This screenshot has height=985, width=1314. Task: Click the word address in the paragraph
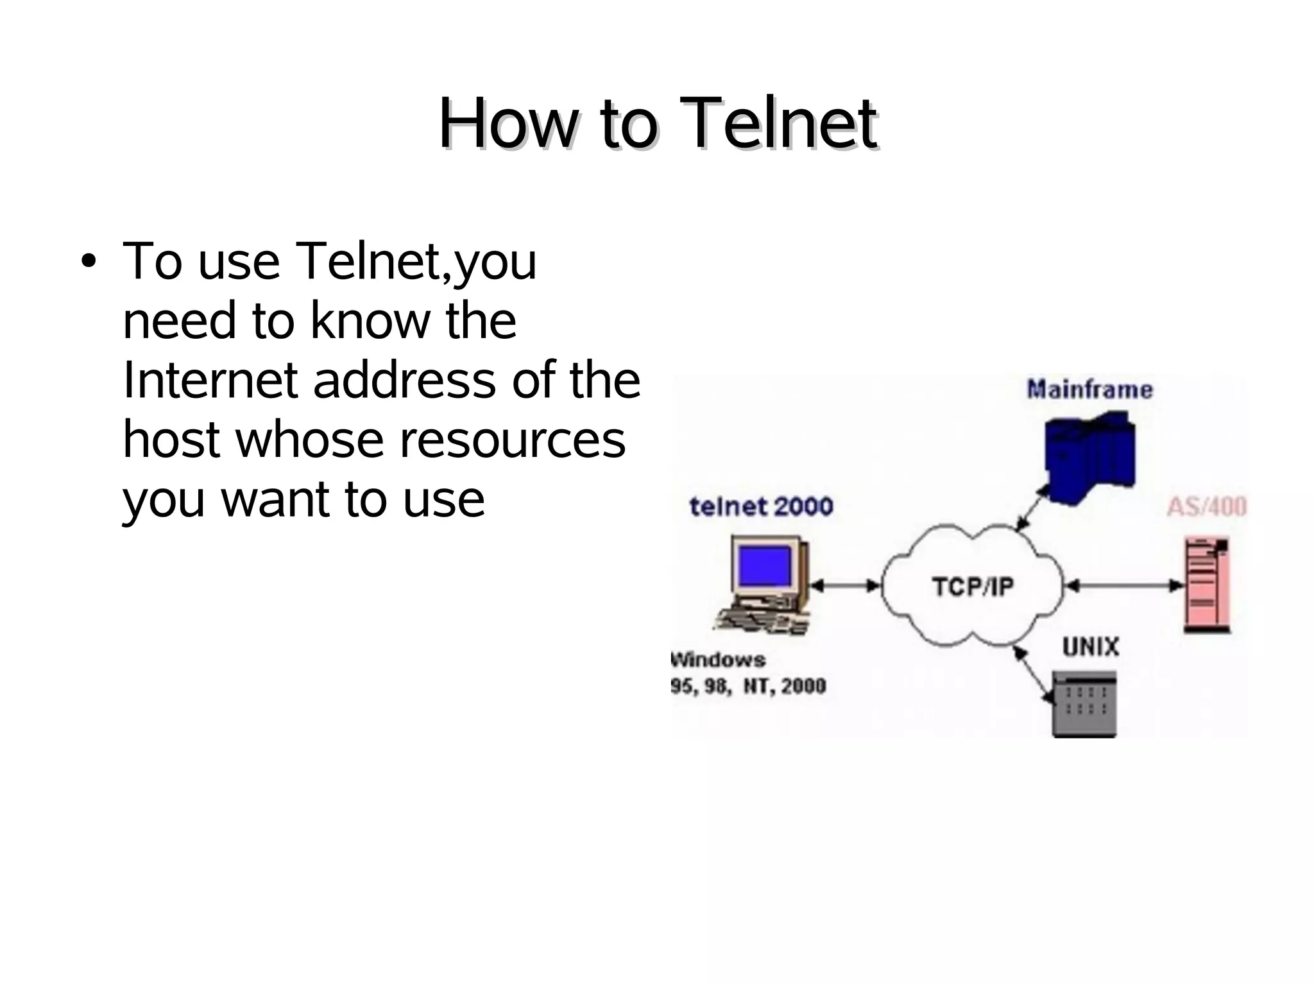[x=404, y=380]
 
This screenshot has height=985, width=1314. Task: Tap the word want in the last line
[x=276, y=499]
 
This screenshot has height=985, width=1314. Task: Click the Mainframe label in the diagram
[x=1089, y=390]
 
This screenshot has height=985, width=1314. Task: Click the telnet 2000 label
[x=761, y=507]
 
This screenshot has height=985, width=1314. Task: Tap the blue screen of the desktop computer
[x=765, y=566]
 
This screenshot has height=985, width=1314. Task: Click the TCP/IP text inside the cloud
[x=973, y=587]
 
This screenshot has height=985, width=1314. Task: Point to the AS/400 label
[x=1206, y=507]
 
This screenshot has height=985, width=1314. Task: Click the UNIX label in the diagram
[x=1090, y=647]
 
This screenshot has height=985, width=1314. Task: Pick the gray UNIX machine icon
[x=1085, y=704]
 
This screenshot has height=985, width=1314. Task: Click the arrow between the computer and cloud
[x=845, y=585]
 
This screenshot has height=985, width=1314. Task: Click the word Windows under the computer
[x=718, y=660]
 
